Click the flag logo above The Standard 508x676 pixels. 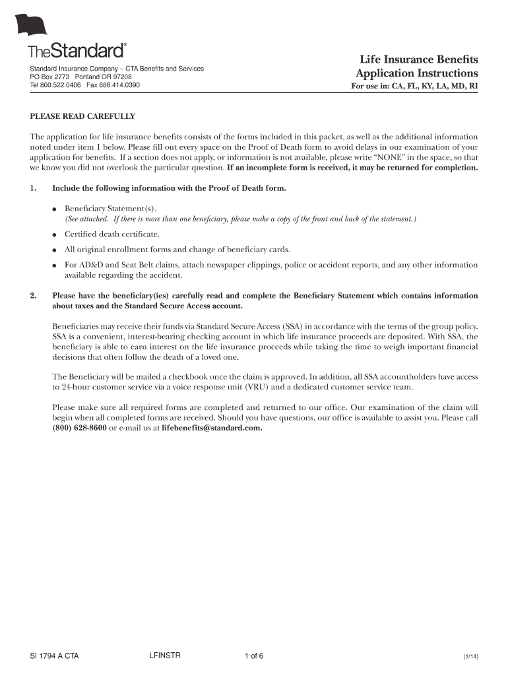[32, 26]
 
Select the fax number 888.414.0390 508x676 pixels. [119, 85]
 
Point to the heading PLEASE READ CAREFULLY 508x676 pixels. [82, 116]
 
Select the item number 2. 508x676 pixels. [33, 296]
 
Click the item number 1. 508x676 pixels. [33, 188]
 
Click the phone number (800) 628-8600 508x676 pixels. [79, 428]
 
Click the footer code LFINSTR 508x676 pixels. [165, 655]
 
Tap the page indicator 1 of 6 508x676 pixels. [254, 656]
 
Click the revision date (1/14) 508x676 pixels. [470, 657]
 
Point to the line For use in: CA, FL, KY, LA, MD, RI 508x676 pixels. [414, 86]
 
